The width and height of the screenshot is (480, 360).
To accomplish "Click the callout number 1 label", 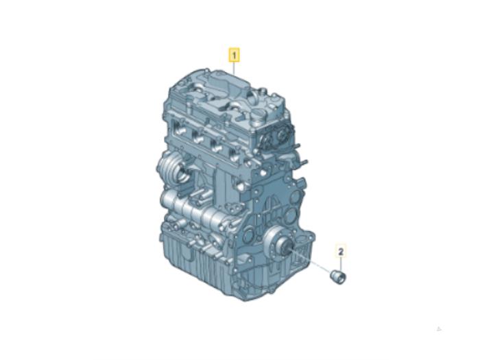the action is pyautogui.click(x=235, y=56).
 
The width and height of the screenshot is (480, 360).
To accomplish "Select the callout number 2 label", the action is pyautogui.click(x=341, y=252).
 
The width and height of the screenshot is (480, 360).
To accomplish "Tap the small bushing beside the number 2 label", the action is pyautogui.click(x=338, y=277).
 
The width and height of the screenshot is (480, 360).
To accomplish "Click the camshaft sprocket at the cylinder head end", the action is pyautogui.click(x=283, y=135).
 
